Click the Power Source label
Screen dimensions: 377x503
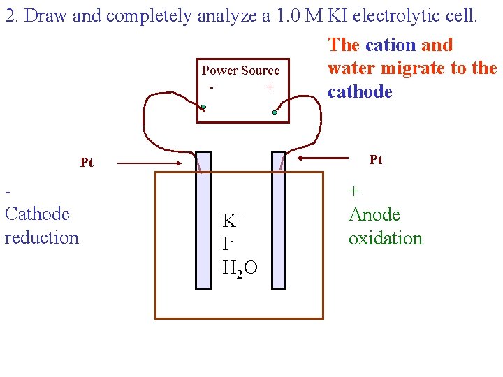click(x=240, y=71)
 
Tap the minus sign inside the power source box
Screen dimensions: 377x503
click(x=211, y=88)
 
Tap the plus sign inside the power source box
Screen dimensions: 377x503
click(x=269, y=88)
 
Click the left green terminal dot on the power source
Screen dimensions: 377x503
click(x=203, y=108)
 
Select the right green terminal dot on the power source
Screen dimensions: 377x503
click(x=275, y=112)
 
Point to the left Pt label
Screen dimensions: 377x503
click(x=87, y=163)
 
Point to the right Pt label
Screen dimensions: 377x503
click(x=376, y=161)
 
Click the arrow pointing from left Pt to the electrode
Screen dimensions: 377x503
click(x=150, y=163)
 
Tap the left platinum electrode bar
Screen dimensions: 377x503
click(x=203, y=220)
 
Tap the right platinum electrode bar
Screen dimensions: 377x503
click(x=279, y=220)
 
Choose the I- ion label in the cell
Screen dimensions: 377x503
click(x=227, y=244)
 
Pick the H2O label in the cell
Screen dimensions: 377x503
click(x=239, y=267)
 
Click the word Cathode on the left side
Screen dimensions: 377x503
click(x=37, y=214)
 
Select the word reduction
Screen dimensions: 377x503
click(x=42, y=237)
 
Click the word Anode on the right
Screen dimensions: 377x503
click(x=374, y=214)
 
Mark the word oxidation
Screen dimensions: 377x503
click(x=386, y=238)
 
